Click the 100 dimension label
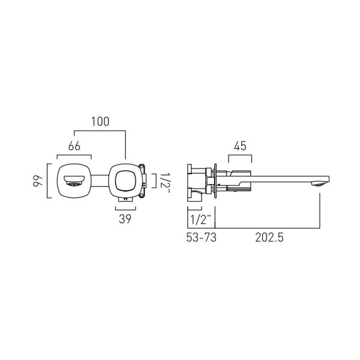tap(100, 122)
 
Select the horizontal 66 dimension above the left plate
tap(74, 146)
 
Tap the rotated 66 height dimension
tap(37, 181)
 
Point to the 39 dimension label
tap(125, 219)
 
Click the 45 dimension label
tap(240, 146)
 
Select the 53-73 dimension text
tap(202, 238)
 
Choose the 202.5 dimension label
tap(269, 238)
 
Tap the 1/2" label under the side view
tap(200, 220)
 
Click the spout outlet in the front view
tap(74, 181)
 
